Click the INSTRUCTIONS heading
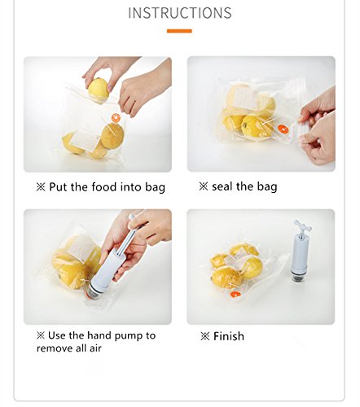click(180, 13)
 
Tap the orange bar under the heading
click(179, 31)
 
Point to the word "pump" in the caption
click(130, 336)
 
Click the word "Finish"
click(229, 336)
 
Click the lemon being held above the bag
click(99, 88)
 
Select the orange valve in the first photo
click(116, 118)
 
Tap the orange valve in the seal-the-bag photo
click(283, 129)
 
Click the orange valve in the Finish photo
click(235, 295)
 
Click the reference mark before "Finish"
click(205, 336)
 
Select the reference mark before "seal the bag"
click(204, 186)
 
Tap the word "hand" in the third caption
click(99, 335)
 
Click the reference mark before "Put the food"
click(41, 187)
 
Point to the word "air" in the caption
click(95, 348)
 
